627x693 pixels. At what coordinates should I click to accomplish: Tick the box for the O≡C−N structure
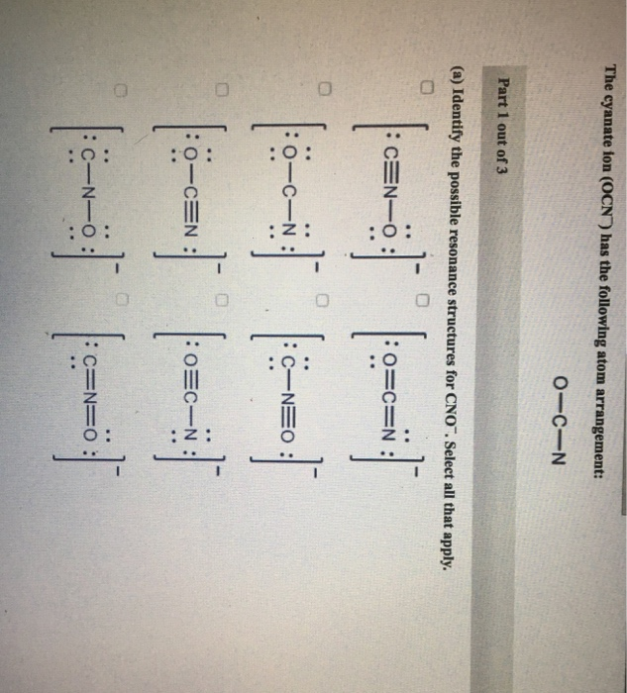(223, 271)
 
